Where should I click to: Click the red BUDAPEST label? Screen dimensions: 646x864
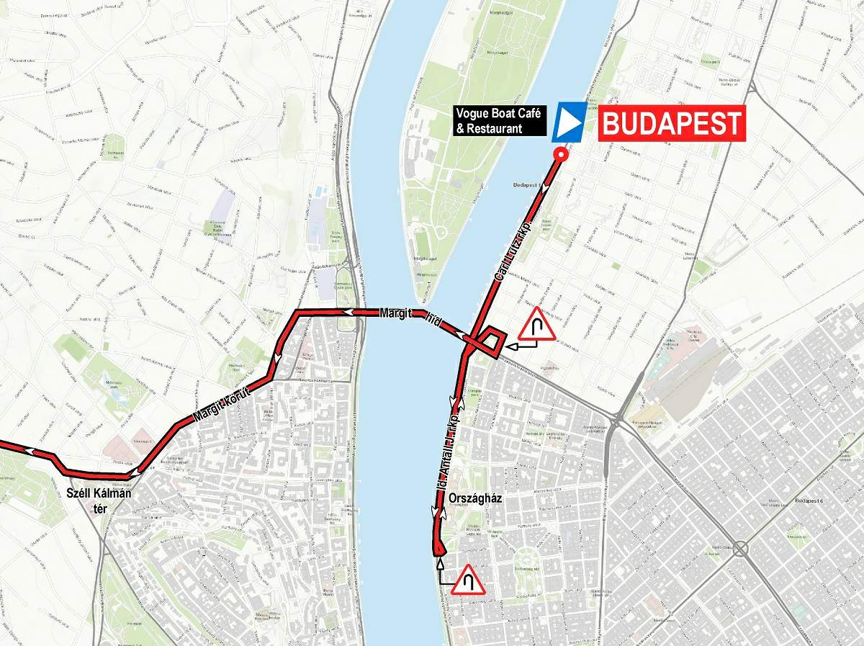click(671, 123)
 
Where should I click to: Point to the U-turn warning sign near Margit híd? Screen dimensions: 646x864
click(536, 325)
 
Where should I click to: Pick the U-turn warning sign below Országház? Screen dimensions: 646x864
click(467, 579)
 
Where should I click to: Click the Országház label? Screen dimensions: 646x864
click(474, 497)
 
